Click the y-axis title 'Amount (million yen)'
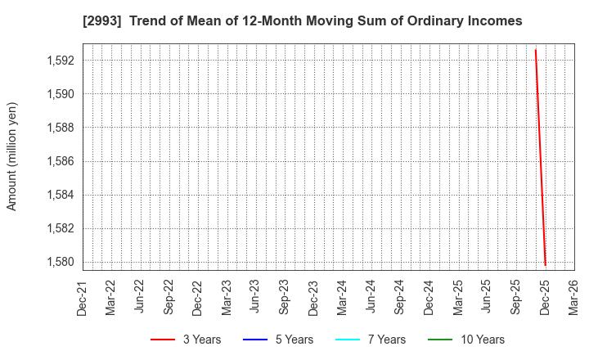12,156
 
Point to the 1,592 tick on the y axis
60,61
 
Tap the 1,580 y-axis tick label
60,262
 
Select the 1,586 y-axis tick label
60,161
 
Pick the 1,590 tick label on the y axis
60,94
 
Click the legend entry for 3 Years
186,340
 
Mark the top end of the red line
535,50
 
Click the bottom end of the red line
545,265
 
